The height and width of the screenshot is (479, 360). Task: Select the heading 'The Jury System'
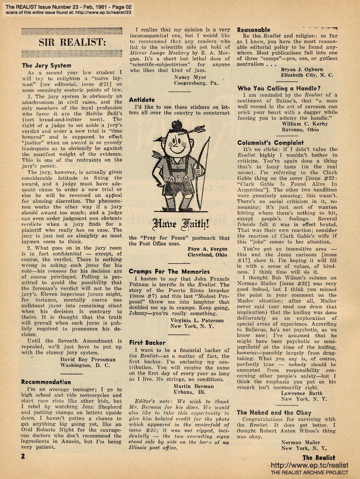pos(46,66)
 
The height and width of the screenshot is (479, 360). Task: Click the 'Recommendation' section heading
pos(46,382)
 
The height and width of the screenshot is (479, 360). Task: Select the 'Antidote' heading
pos(142,100)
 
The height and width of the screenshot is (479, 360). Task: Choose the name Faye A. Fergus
pos(207,248)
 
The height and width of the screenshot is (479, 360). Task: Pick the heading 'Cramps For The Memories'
pos(169,271)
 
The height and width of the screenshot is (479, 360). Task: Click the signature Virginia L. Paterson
pos(197,320)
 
